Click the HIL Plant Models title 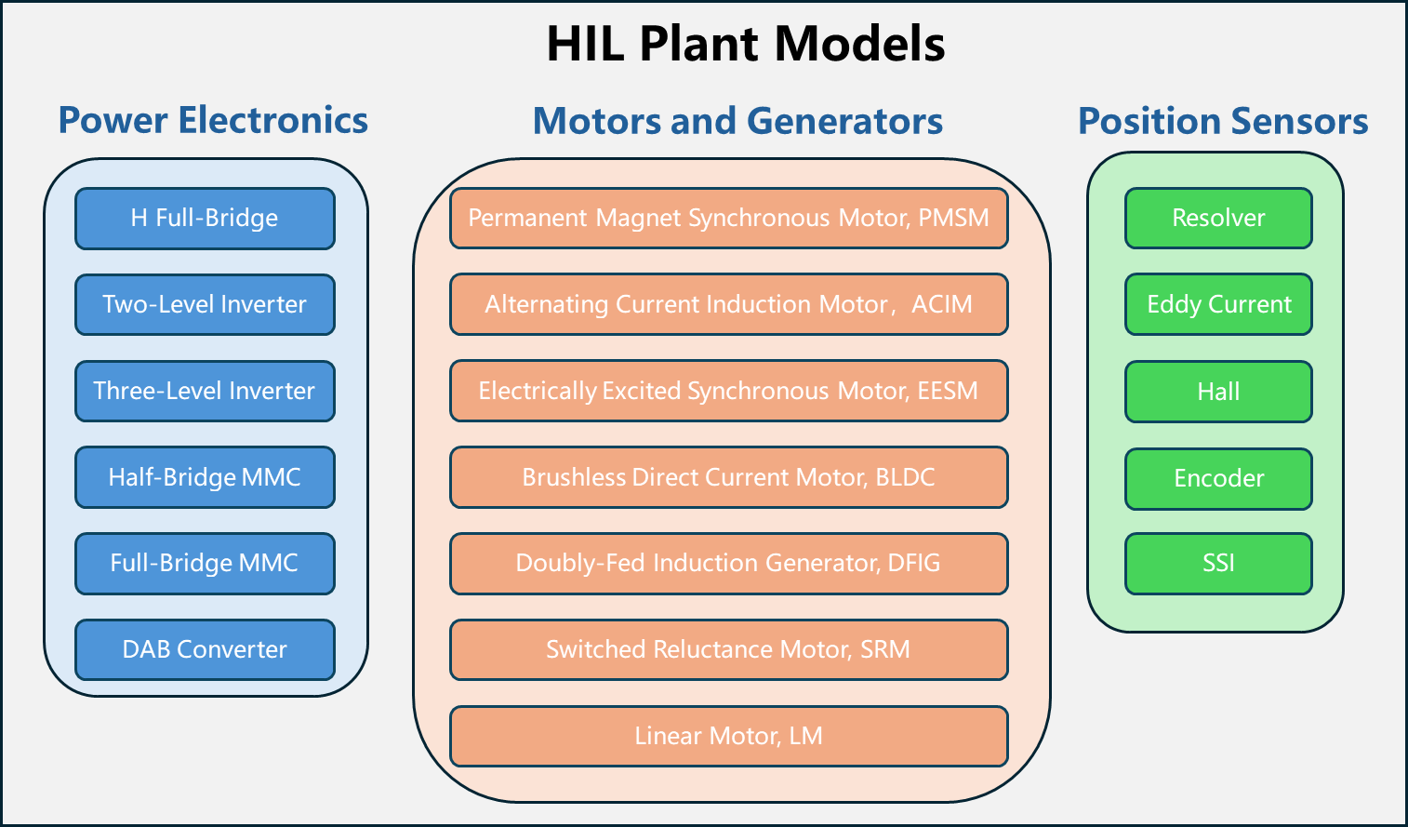click(746, 44)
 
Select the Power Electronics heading click(213, 120)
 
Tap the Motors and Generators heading click(737, 121)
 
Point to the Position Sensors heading click(1223, 121)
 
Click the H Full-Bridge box click(205, 219)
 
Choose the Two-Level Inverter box click(205, 304)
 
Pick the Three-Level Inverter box click(205, 392)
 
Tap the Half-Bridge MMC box click(205, 477)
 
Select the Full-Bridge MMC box click(205, 564)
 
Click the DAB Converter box click(205, 649)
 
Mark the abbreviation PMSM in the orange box click(953, 218)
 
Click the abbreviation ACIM click(941, 304)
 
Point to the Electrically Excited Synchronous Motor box click(729, 391)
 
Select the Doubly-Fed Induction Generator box click(729, 564)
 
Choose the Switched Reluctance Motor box click(729, 649)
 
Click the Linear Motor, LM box click(729, 737)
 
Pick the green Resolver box click(1219, 219)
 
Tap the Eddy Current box click(1219, 304)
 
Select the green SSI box click(1219, 564)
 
